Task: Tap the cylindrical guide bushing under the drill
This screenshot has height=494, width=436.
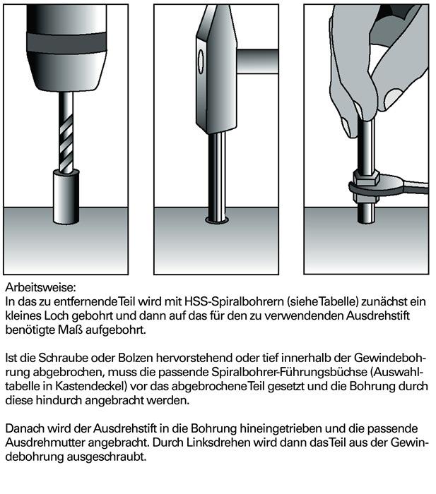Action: (x=66, y=189)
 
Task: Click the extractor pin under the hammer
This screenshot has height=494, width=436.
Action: (x=218, y=176)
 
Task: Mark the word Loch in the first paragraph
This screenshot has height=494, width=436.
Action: (x=53, y=315)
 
